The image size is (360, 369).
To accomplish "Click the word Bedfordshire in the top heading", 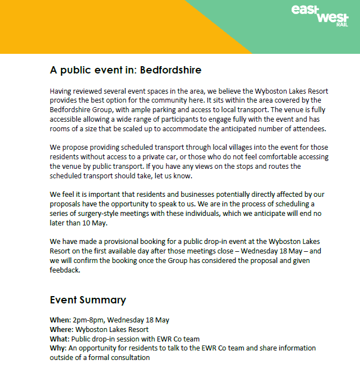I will tap(170, 71).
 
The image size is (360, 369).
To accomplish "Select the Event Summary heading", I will tap(88, 299).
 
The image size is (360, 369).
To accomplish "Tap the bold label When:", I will tap(60, 320).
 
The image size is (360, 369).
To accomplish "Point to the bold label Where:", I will tap(62, 329).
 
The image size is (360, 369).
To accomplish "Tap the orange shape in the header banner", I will tap(84, 22).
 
